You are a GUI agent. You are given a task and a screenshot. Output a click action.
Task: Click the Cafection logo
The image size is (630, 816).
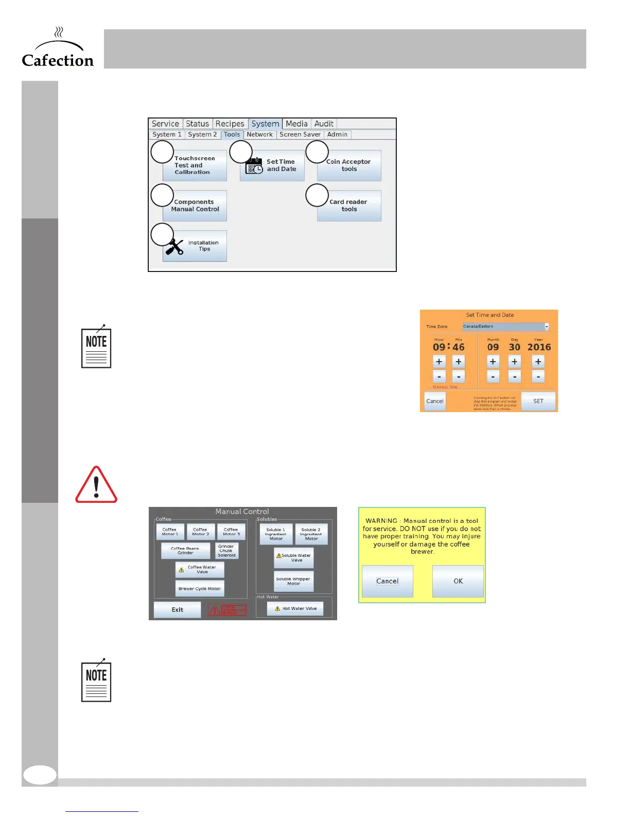[58, 49]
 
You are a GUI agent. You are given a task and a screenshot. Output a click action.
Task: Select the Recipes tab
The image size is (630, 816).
[230, 124]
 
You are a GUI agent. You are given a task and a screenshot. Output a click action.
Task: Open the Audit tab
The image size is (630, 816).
[324, 124]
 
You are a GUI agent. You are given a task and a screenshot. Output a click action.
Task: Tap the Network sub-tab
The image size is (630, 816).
[259, 134]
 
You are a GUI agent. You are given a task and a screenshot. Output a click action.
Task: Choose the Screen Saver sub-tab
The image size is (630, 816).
[300, 134]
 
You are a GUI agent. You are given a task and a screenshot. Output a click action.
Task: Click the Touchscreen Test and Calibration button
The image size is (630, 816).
[195, 165]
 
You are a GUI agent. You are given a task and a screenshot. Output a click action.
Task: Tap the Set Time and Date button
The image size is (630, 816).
[272, 165]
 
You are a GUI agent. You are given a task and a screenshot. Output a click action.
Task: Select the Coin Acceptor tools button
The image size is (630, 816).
[349, 165]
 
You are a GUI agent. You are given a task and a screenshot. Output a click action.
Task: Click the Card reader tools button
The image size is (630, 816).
[349, 206]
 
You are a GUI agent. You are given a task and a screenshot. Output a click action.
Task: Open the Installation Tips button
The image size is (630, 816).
[195, 246]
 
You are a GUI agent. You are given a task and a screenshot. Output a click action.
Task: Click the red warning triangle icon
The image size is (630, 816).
[96, 485]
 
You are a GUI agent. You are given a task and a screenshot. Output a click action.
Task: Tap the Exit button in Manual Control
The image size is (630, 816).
[177, 610]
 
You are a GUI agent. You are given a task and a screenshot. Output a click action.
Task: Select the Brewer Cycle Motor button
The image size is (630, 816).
[199, 588]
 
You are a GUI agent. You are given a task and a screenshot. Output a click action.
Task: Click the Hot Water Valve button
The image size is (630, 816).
[295, 608]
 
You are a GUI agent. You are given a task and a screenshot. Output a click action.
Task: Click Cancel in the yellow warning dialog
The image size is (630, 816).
[387, 581]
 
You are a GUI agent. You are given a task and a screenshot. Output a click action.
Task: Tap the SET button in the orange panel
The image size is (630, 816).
[538, 401]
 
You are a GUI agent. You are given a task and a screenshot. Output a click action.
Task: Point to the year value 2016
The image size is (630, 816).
[539, 347]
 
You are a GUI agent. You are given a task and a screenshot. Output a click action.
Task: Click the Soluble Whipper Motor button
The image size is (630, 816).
[293, 581]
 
